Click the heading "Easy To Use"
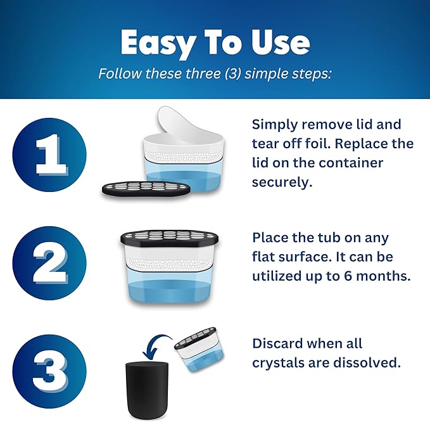click(x=215, y=42)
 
